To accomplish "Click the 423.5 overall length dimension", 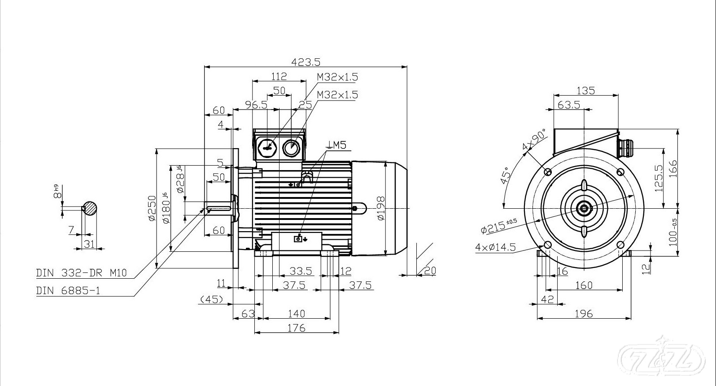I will tap(306, 62).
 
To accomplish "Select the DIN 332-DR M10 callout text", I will tap(81, 273).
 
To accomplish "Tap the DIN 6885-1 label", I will tap(68, 291).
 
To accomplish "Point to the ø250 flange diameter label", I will tap(151, 208).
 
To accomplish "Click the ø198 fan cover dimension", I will tap(381, 208).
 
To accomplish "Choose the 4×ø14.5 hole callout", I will tap(495, 247).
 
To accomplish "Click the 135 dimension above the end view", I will tap(585, 91).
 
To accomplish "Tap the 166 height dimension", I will tap(673, 169).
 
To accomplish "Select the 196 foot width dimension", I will tap(584, 314).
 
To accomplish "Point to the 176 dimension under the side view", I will tap(296, 328).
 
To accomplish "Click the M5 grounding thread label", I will tap(337, 145).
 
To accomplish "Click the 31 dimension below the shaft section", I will tap(90, 244).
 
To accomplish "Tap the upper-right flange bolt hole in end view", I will tap(620, 172).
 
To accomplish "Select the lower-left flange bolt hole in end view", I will tap(547, 245).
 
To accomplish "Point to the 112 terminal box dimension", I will tap(279, 76).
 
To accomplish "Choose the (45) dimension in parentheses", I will tap(212, 299).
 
